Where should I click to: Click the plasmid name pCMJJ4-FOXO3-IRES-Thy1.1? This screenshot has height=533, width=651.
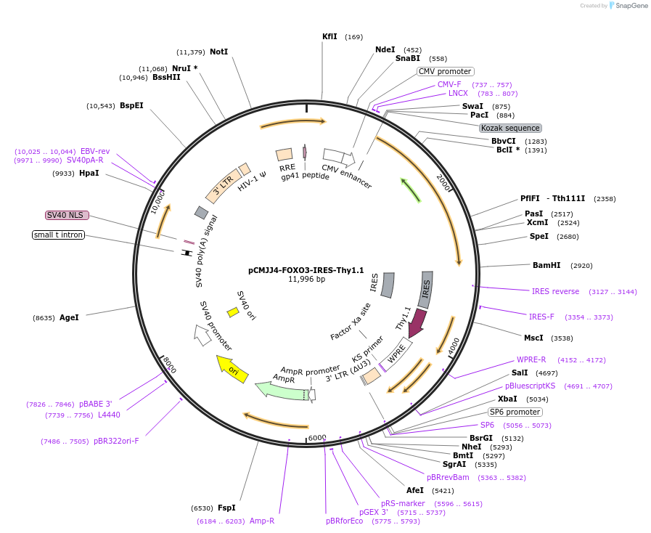(x=306, y=270)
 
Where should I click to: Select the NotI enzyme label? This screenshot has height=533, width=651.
(x=219, y=52)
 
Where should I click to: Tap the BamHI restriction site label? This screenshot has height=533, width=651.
(x=546, y=265)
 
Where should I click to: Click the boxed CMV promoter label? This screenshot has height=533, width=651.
(x=446, y=71)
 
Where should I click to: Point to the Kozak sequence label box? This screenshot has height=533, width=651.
(x=510, y=128)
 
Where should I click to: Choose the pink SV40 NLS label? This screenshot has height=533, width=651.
(x=67, y=215)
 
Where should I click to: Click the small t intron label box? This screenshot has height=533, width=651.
(x=59, y=235)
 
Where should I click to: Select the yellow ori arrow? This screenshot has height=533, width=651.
(x=232, y=368)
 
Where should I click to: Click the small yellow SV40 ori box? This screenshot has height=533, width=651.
(x=233, y=312)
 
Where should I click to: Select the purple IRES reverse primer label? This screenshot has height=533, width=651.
(x=555, y=291)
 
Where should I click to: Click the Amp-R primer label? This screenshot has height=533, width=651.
(x=262, y=521)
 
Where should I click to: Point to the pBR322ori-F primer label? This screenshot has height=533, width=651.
(x=116, y=441)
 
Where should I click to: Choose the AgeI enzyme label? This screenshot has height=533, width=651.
(x=69, y=317)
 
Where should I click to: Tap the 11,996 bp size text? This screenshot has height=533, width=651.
(x=306, y=279)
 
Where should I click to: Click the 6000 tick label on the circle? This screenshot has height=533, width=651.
(x=317, y=438)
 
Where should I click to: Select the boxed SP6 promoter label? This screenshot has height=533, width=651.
(x=515, y=412)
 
